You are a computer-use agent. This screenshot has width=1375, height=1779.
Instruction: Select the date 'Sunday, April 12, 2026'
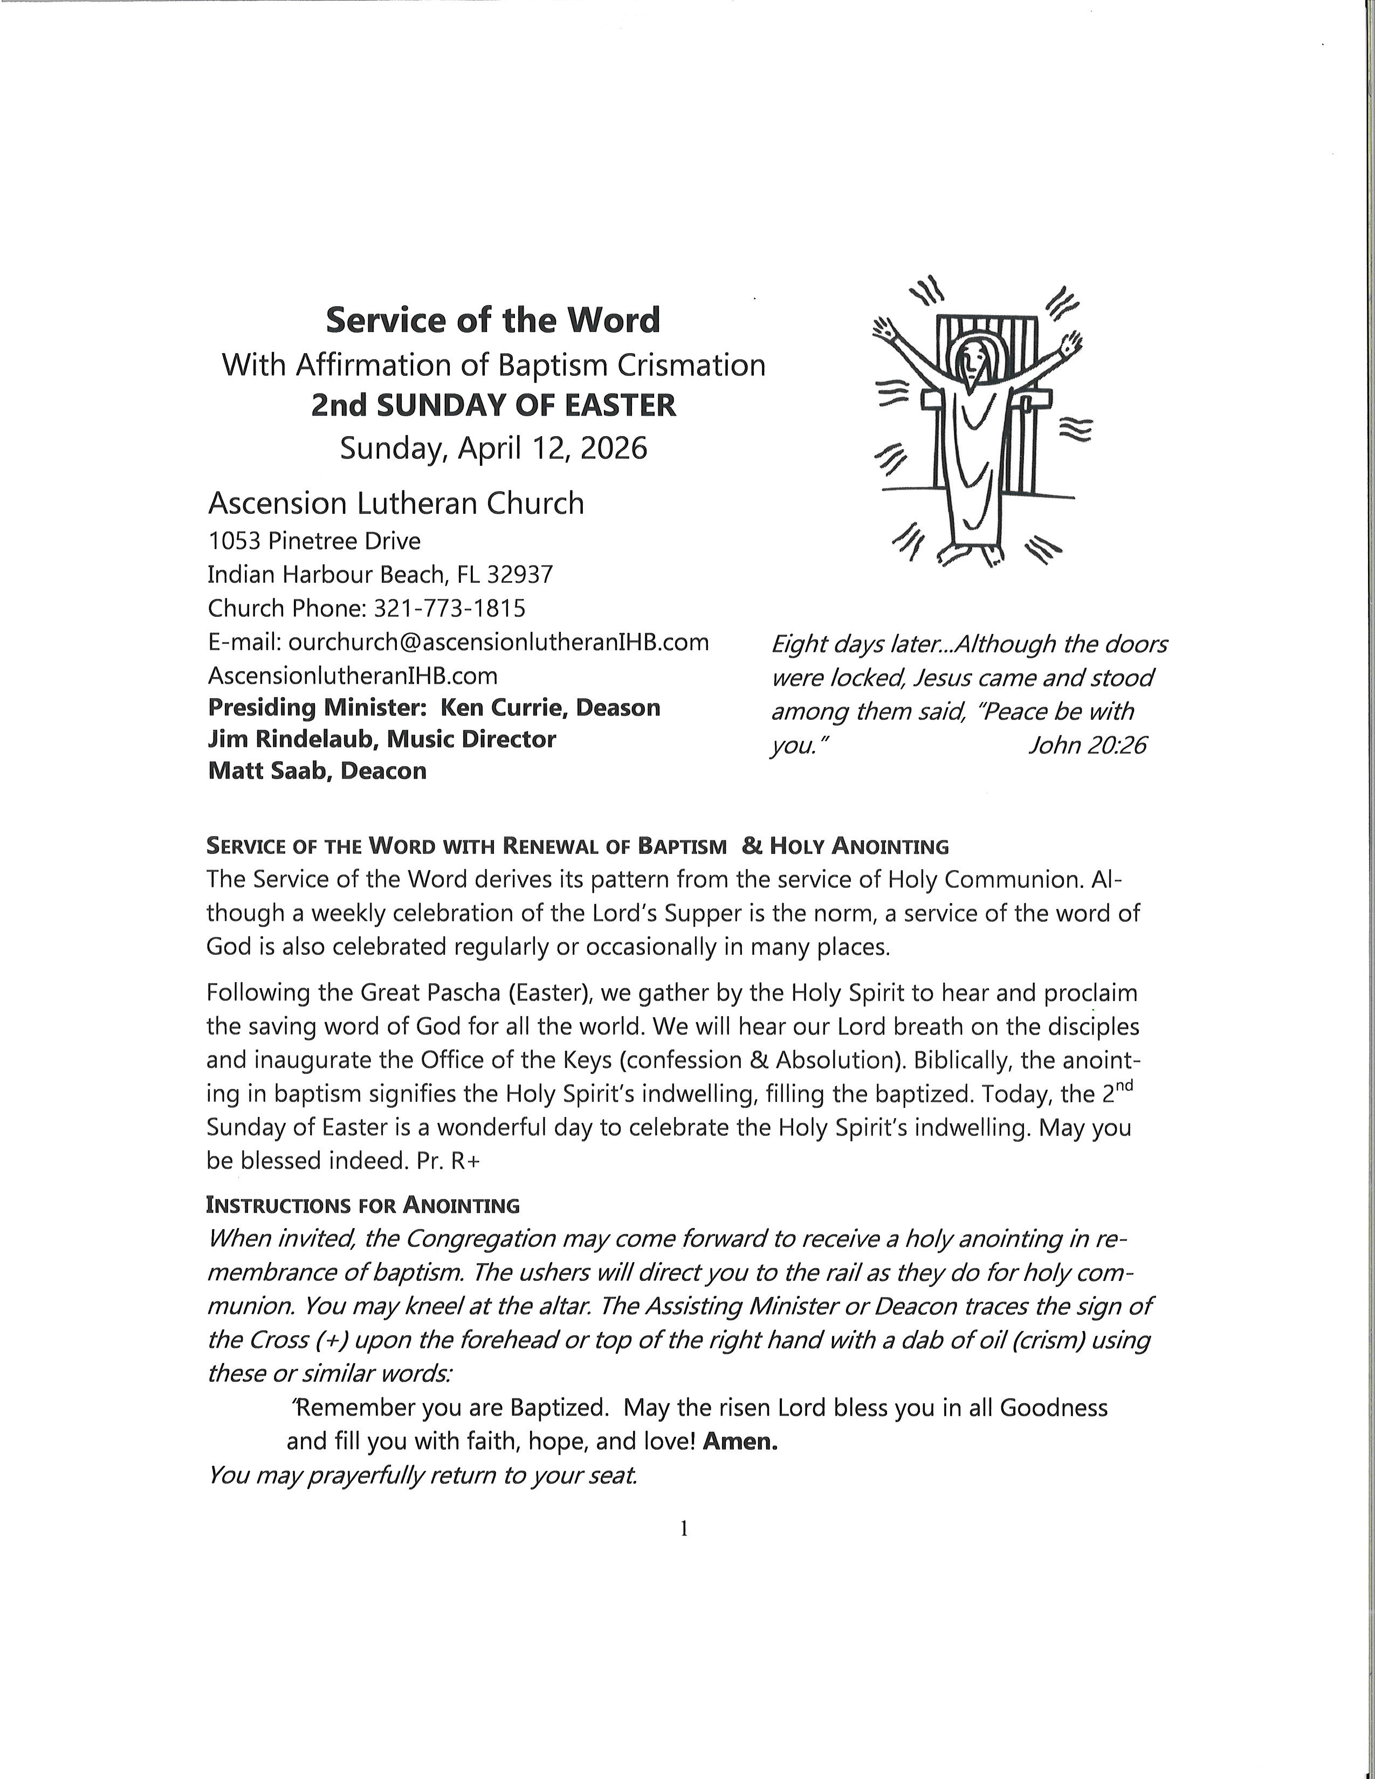point(493,448)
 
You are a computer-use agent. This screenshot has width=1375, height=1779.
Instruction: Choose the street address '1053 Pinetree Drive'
point(314,541)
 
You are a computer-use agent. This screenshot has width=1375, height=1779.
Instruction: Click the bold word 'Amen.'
point(740,1442)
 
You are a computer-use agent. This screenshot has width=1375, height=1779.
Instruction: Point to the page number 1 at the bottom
point(684,1529)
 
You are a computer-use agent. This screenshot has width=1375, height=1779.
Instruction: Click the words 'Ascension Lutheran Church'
point(396,504)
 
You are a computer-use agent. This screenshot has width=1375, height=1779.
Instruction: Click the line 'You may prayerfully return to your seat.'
point(422,1475)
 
